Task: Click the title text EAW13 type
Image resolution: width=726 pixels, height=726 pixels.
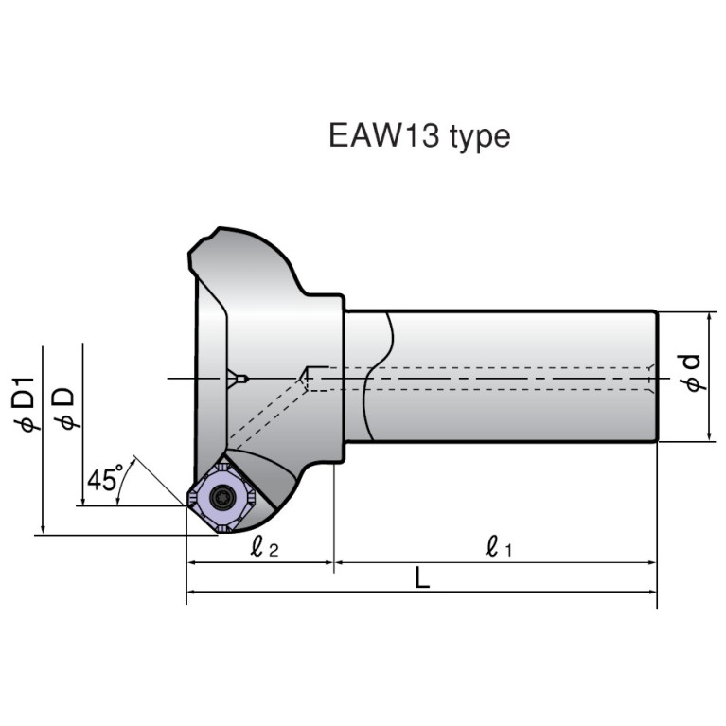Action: [x=419, y=136]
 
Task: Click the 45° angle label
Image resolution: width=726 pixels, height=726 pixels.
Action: [x=102, y=480]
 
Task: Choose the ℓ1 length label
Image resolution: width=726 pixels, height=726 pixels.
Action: [x=497, y=546]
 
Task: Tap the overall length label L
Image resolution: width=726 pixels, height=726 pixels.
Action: [x=422, y=578]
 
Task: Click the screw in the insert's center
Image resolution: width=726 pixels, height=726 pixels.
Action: [x=222, y=498]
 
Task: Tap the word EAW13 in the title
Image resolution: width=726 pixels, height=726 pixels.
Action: [x=383, y=136]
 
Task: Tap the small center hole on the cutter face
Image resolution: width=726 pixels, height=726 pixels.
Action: [x=241, y=379]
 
